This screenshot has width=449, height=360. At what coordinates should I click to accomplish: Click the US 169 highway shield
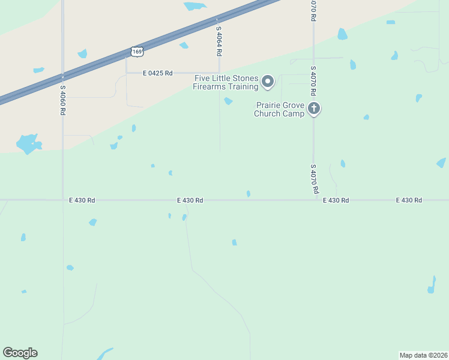(x=137, y=52)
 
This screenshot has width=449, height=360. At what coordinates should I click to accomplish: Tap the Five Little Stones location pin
(x=268, y=81)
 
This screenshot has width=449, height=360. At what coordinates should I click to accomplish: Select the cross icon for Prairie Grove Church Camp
(x=313, y=109)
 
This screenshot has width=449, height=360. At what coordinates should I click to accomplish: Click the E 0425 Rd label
(x=158, y=73)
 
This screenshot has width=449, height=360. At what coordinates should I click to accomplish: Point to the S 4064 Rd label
(x=220, y=41)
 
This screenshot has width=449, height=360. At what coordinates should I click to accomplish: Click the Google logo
(x=20, y=353)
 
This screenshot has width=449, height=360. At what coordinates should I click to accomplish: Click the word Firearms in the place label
(x=208, y=87)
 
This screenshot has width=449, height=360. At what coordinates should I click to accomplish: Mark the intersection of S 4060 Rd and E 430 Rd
(x=63, y=200)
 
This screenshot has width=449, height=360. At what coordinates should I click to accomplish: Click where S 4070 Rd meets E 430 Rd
(x=313, y=200)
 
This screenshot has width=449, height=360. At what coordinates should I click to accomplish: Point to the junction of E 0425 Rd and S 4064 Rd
(x=220, y=73)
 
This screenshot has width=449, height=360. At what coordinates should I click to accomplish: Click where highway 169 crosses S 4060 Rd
(x=63, y=76)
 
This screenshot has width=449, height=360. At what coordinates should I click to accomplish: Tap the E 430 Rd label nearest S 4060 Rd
(x=82, y=200)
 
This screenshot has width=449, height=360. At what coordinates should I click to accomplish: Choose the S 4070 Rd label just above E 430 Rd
(x=314, y=179)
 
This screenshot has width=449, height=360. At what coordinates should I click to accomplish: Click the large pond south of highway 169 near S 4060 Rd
(x=28, y=143)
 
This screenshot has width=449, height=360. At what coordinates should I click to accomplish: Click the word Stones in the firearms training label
(x=246, y=79)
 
